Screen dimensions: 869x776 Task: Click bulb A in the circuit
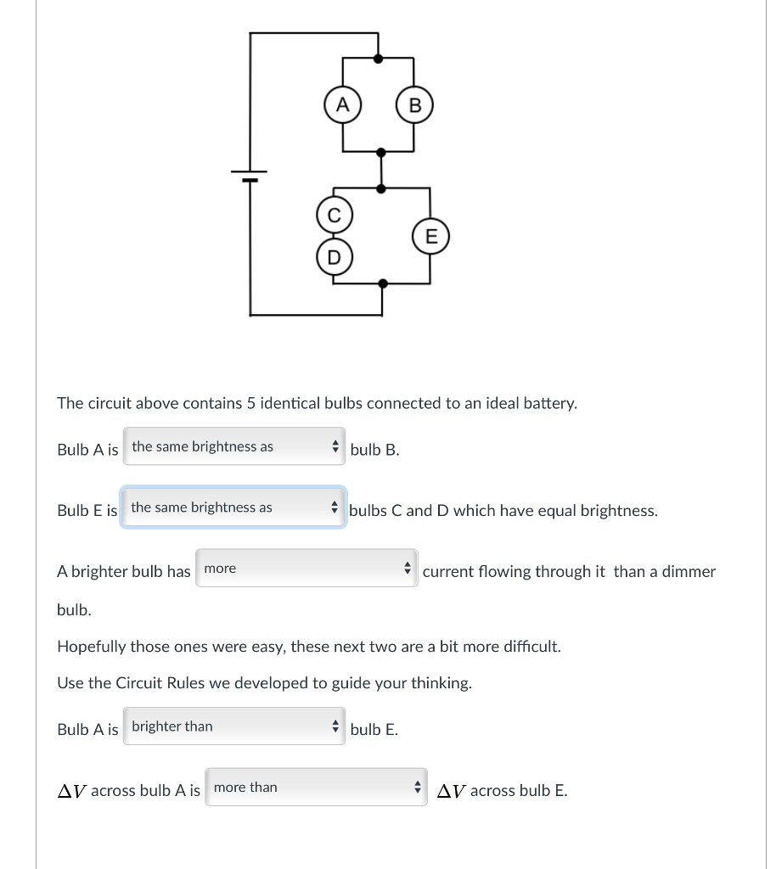coord(342,105)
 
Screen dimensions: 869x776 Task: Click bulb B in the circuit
coord(414,106)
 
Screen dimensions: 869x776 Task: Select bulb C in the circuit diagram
coord(334,216)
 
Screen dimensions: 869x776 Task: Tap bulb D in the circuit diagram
coord(334,256)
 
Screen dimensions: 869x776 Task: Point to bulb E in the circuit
coord(430,236)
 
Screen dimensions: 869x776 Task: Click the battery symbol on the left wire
coord(250,177)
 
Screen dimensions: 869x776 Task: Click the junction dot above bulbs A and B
coord(379,59)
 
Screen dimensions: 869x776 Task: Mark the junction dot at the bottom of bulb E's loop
coord(383,283)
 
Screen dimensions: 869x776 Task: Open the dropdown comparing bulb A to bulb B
coord(234,446)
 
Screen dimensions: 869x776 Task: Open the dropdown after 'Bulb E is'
coord(233,507)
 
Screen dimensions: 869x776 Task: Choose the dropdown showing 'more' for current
coord(306,569)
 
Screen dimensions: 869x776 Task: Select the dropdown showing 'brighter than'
coord(234,726)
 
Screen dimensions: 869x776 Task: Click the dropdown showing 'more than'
coord(316,788)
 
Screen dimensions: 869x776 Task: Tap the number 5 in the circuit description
coord(250,403)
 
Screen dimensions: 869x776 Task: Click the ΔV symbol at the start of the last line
coord(71,791)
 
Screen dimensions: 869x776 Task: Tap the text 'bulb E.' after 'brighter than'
coord(374,730)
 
